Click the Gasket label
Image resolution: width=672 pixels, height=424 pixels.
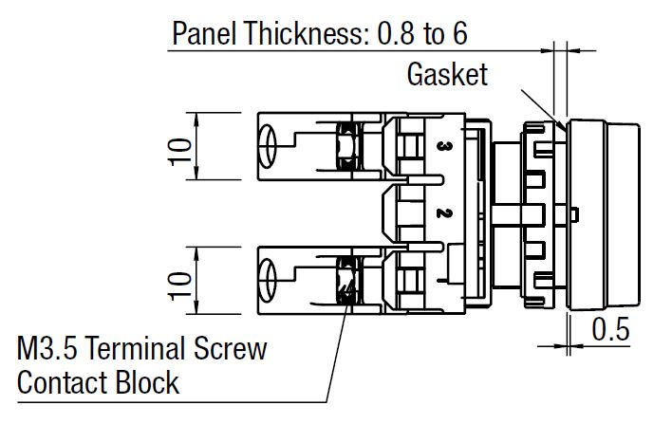(x=447, y=73)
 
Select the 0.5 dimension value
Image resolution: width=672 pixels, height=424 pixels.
(x=611, y=331)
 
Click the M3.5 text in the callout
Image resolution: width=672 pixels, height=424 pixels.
(x=51, y=349)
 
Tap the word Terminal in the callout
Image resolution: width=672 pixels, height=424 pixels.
(x=148, y=349)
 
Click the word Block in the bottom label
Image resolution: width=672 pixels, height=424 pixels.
(x=150, y=382)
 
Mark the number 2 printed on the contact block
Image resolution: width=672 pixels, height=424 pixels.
(x=442, y=213)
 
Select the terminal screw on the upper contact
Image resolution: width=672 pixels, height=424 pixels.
(x=344, y=146)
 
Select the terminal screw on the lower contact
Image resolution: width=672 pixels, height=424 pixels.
(x=344, y=280)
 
